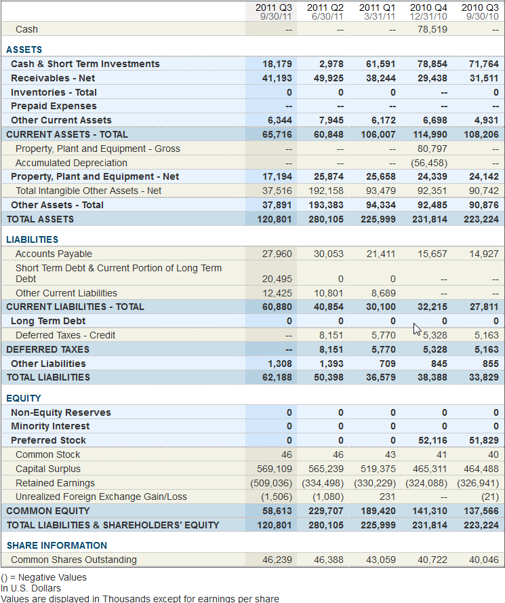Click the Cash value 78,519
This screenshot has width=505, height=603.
pyautogui.click(x=432, y=29)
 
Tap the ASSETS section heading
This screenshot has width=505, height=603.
pyautogui.click(x=24, y=50)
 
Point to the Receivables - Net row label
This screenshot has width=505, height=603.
pyautogui.click(x=53, y=78)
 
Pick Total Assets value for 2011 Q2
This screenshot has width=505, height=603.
pyautogui.click(x=326, y=219)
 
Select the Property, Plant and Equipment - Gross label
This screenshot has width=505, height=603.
pyautogui.click(x=98, y=149)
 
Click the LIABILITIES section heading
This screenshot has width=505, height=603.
pyautogui.click(x=33, y=239)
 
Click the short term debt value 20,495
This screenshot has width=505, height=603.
pyautogui.click(x=277, y=279)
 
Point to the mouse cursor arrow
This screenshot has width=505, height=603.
pyautogui.click(x=417, y=329)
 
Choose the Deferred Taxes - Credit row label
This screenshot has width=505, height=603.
pyautogui.click(x=65, y=335)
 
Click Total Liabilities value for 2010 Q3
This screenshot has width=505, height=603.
pyautogui.click(x=484, y=377)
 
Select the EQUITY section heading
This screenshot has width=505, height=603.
pyautogui.click(x=24, y=398)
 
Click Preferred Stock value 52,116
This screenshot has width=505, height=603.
pyautogui.click(x=432, y=440)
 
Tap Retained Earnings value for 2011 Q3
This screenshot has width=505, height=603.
pyautogui.click(x=271, y=483)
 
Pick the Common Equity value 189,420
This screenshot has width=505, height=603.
pyautogui.click(x=378, y=511)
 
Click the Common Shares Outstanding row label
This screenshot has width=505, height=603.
pyautogui.click(x=74, y=560)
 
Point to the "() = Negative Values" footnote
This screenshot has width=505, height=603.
pyautogui.click(x=44, y=578)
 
